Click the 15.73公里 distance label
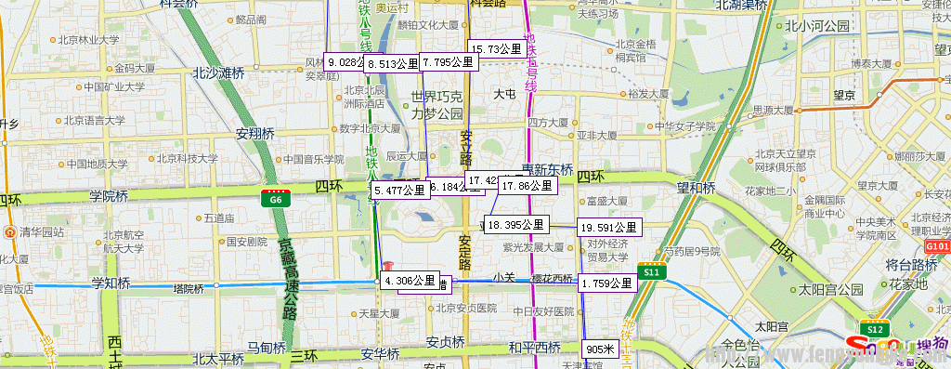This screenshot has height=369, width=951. point(498,48)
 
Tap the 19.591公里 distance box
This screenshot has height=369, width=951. point(608,227)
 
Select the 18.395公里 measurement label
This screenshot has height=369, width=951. point(516,224)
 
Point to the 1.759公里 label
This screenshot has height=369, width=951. point(608,283)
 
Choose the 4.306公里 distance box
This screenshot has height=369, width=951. point(410,280)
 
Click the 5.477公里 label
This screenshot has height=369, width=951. point(399,190)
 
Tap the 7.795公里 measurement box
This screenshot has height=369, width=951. point(448,62)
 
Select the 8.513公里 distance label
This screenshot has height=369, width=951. point(393,63)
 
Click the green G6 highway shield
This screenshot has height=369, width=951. point(276,198)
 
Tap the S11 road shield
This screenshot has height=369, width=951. point(652,272)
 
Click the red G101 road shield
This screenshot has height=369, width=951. point(938,246)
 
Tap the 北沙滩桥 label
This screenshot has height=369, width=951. point(218,72)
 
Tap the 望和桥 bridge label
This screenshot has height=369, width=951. point(696,188)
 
